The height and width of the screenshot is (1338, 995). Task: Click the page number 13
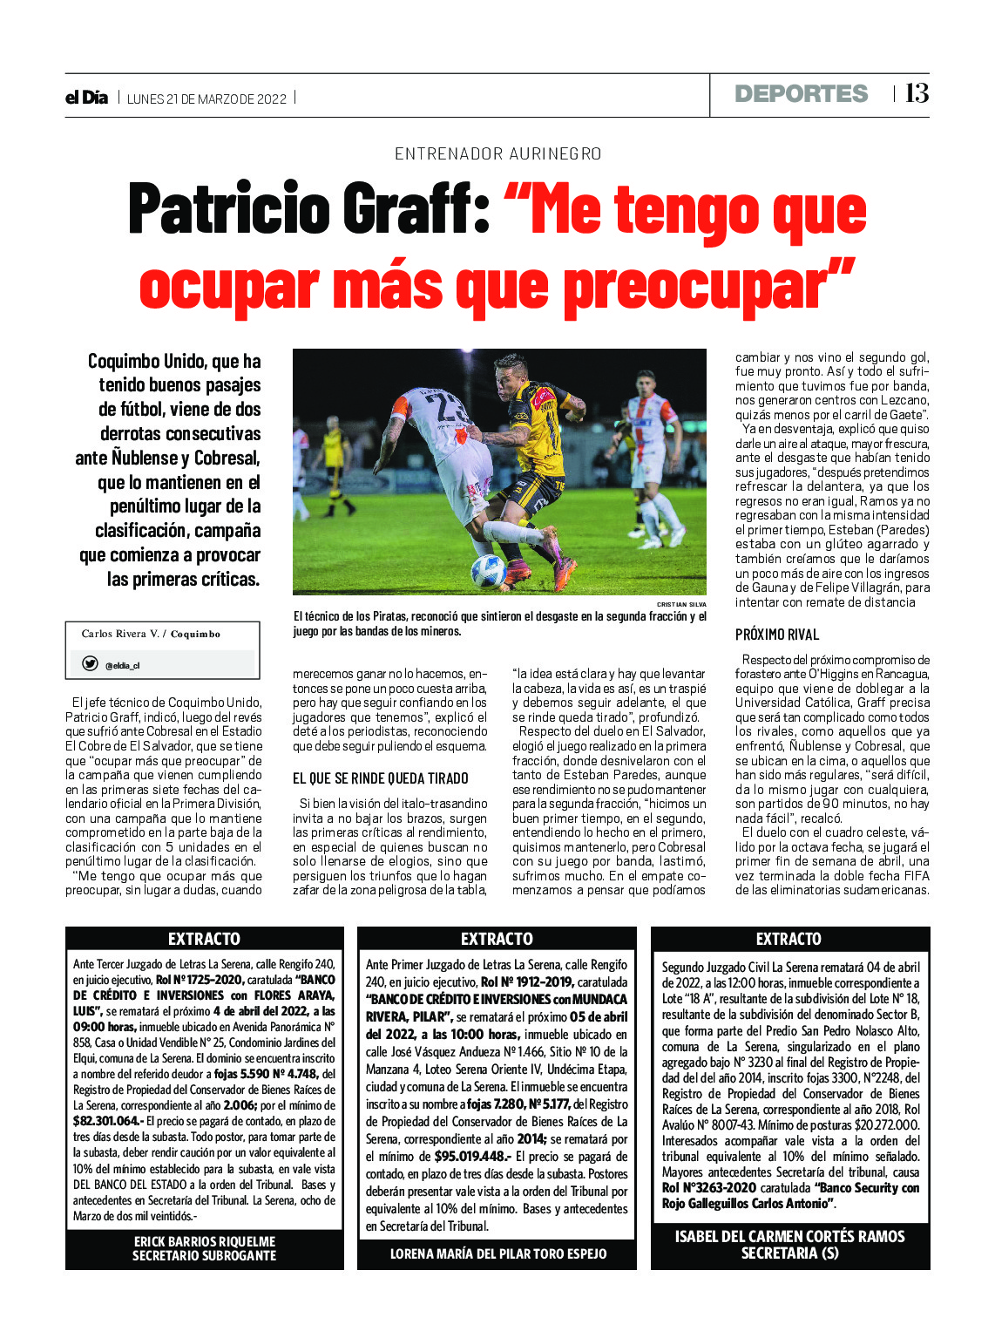(x=917, y=93)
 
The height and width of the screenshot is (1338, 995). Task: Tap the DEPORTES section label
(x=801, y=94)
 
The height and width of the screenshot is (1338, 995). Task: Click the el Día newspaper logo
(x=86, y=98)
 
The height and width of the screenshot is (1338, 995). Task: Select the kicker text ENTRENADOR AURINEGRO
(x=497, y=154)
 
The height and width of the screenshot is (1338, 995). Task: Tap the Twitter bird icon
(x=90, y=664)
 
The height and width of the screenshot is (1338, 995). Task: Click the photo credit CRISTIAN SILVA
(x=681, y=604)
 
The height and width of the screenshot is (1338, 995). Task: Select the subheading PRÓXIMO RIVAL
(x=777, y=635)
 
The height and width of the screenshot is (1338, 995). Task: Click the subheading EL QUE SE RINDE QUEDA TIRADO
(x=381, y=778)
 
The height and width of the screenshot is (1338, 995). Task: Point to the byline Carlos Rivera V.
(x=120, y=634)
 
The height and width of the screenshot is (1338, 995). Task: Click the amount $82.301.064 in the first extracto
(x=106, y=1121)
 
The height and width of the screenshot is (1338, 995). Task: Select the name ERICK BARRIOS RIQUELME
(x=205, y=1241)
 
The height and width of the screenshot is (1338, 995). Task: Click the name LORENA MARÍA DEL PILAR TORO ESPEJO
(x=497, y=1253)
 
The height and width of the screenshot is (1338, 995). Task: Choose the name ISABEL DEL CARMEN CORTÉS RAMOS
(x=789, y=1236)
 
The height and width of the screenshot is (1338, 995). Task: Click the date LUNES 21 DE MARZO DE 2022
(x=206, y=98)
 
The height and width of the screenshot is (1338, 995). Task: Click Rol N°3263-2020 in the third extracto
(x=708, y=1187)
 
